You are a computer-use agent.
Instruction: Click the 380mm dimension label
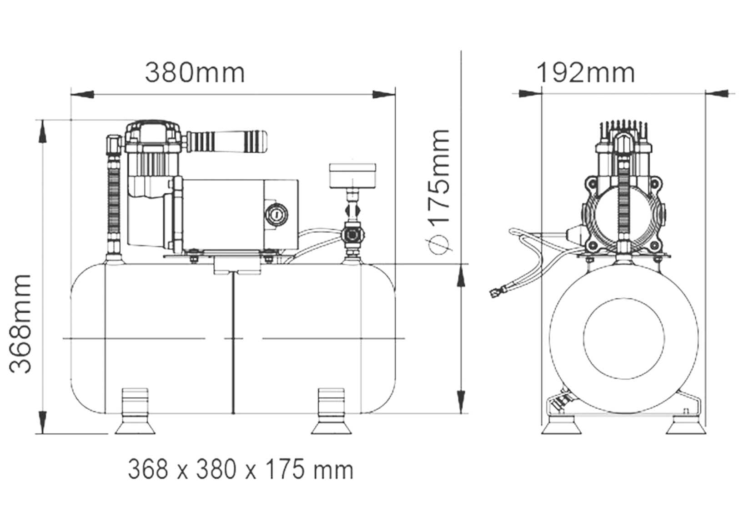195,72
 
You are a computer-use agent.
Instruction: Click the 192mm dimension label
586,72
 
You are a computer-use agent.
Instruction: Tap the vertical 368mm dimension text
21,324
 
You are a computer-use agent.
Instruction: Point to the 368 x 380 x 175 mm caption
241,470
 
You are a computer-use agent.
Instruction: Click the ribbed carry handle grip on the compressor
227,141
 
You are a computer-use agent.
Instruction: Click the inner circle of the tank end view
623,339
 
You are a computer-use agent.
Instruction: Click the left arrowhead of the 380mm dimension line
82,95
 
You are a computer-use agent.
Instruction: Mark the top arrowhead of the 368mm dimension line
42,132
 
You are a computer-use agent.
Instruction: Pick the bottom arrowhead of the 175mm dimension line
462,400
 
